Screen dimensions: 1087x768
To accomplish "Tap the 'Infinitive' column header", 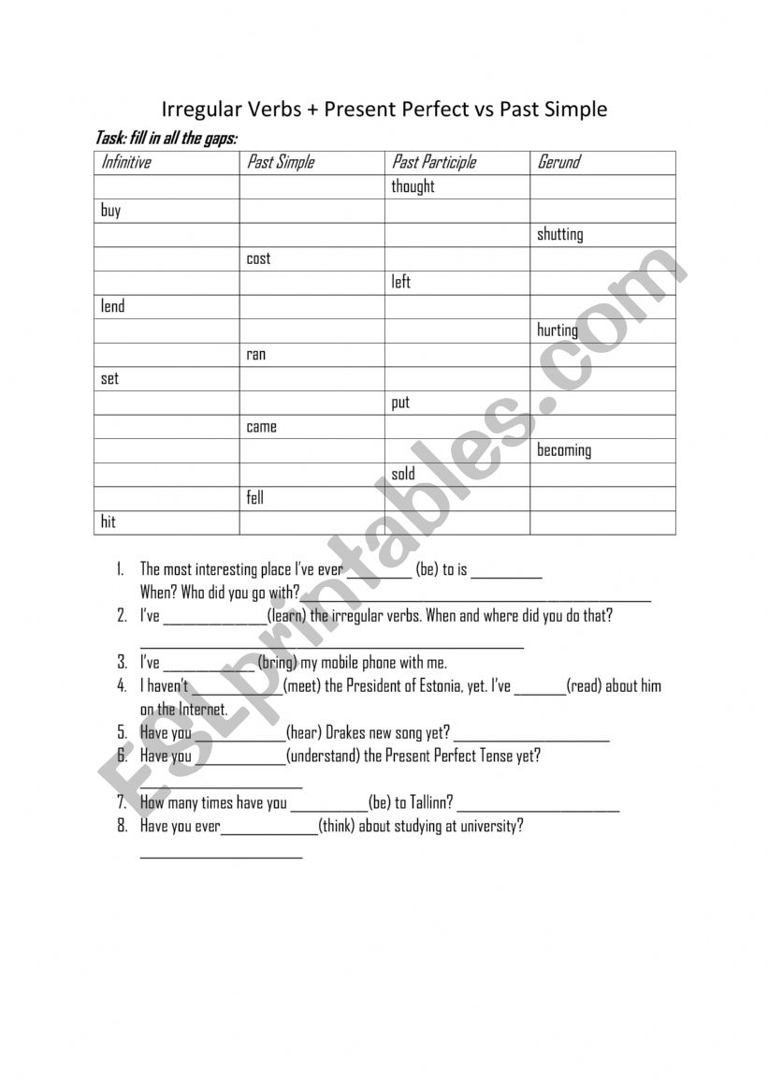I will (x=126, y=162).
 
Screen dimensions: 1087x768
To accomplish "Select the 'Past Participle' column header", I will (x=434, y=162).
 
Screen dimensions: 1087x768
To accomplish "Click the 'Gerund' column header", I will (x=558, y=162).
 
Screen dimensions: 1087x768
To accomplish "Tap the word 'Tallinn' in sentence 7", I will (x=427, y=802).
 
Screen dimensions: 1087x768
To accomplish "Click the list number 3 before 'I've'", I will (x=122, y=663).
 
